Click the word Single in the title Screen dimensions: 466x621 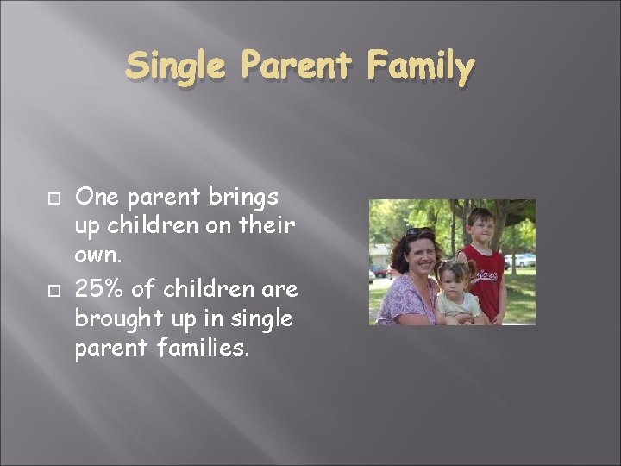click(x=173, y=65)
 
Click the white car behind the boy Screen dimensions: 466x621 click(x=520, y=260)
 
